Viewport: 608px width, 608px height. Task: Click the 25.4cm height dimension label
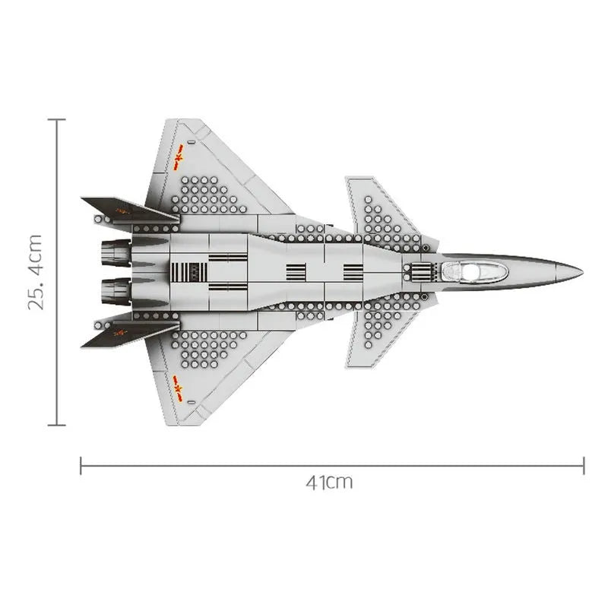coord(35,272)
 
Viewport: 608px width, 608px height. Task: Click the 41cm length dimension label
coord(330,483)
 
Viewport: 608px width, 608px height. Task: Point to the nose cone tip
coord(583,271)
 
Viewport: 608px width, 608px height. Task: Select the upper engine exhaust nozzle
coord(116,253)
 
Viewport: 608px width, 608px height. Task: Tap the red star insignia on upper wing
coord(179,157)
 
